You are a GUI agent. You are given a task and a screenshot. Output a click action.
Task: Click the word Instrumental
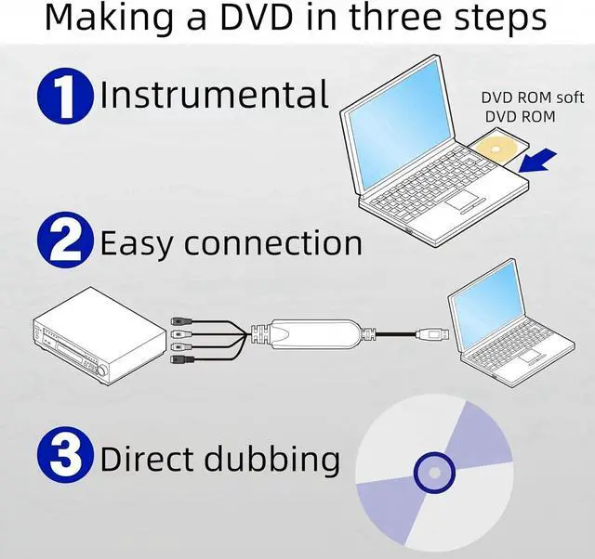click(x=215, y=96)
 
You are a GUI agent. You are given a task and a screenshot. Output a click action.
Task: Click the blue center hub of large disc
click(x=434, y=474)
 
